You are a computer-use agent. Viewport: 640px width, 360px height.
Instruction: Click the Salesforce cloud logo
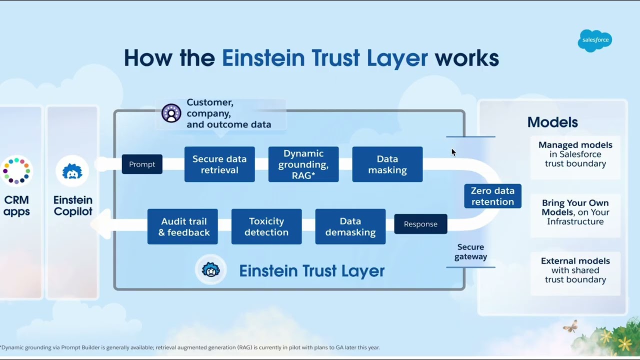[595, 40]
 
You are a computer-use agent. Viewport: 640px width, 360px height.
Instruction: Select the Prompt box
[142, 164]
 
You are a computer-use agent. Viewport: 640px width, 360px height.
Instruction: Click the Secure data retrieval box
[219, 164]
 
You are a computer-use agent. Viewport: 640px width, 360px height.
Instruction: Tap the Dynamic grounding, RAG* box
[303, 164]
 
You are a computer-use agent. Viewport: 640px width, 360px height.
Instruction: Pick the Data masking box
[387, 164]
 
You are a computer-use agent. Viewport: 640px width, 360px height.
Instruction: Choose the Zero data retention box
[492, 196]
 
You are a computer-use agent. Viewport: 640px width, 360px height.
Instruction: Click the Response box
[420, 224]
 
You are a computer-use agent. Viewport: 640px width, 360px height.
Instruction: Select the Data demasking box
[350, 226]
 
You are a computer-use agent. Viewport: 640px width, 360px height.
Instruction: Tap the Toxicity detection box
[266, 226]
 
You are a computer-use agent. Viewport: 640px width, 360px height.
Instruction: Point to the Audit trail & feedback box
[182, 226]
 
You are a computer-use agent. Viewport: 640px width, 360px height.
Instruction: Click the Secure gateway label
[470, 251]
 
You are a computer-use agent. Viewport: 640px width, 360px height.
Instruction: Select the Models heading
[552, 122]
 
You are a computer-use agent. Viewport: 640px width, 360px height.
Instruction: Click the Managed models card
[575, 154]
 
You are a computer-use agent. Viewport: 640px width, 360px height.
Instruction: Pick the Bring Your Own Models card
[575, 212]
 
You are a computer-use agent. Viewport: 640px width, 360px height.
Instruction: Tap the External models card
[575, 270]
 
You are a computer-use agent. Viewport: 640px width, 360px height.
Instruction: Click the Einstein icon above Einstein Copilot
[72, 171]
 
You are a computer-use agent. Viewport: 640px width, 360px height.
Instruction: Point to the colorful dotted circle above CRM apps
[16, 171]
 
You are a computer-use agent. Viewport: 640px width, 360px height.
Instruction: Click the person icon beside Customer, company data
[171, 113]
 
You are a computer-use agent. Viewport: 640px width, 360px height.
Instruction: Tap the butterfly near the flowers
[570, 327]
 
